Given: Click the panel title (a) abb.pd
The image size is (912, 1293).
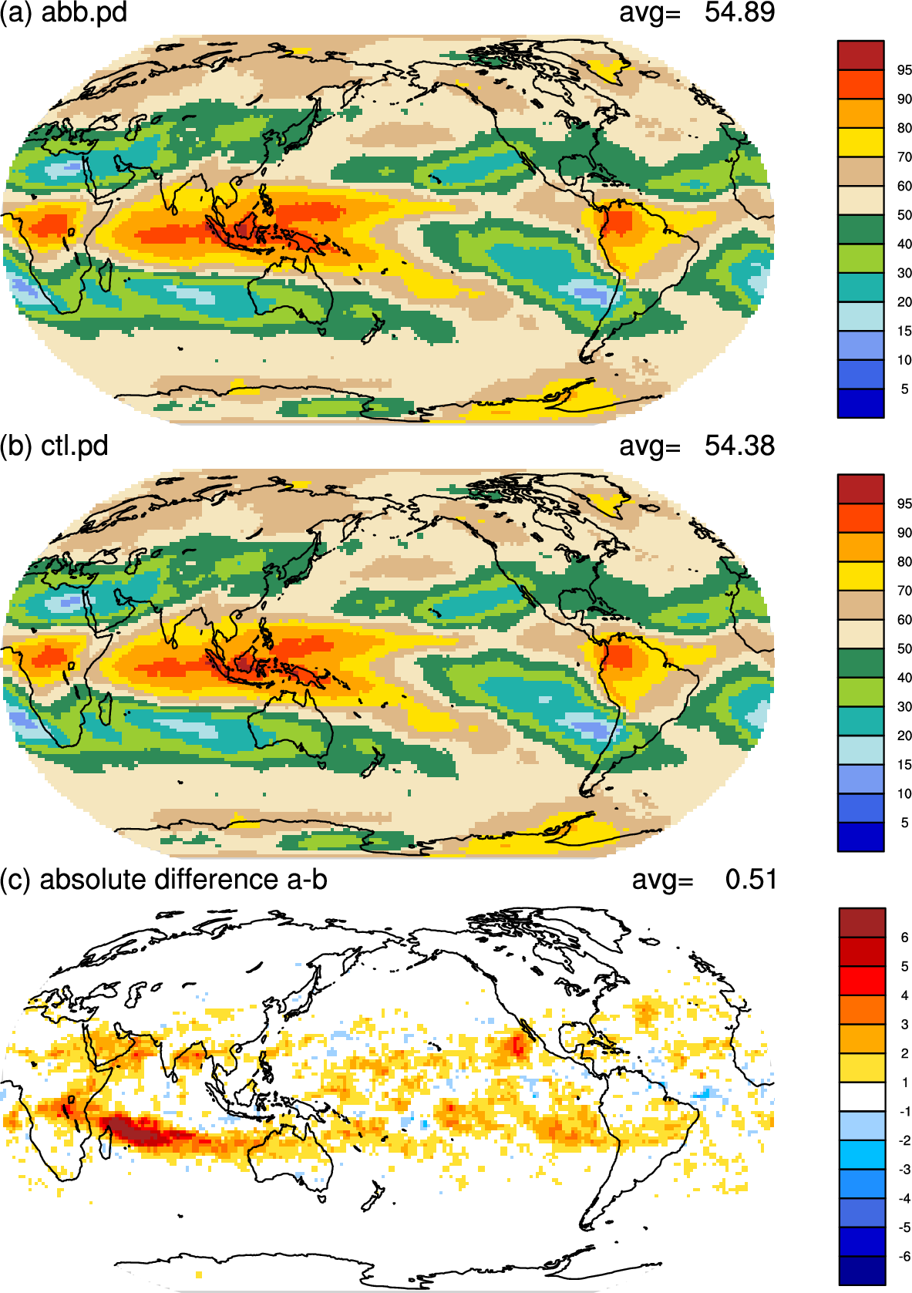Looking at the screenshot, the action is click(63, 12).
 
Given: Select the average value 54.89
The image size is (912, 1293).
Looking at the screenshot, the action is click(739, 12).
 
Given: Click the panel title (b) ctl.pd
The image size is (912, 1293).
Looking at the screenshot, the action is click(54, 446).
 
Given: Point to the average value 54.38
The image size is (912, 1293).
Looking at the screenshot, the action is click(739, 446).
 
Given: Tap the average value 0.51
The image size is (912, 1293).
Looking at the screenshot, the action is click(751, 879).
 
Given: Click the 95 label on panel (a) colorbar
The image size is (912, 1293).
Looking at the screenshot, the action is click(904, 70).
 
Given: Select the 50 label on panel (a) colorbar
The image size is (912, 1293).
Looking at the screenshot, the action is click(904, 215).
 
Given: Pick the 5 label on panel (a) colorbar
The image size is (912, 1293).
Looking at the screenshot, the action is click(904, 389).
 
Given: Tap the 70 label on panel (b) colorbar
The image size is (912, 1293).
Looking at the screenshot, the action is click(904, 591).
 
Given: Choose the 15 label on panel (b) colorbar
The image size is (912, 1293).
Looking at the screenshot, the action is click(904, 764).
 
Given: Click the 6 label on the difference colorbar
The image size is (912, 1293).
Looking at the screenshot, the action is click(904, 938).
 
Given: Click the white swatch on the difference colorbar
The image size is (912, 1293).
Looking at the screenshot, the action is click(862, 1096).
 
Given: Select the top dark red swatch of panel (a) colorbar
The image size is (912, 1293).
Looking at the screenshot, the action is click(860, 56).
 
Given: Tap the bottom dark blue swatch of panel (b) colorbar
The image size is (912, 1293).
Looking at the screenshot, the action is click(860, 837).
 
